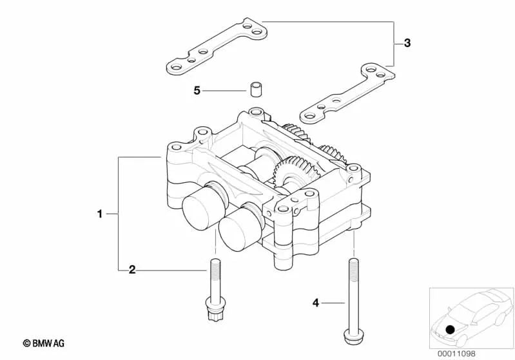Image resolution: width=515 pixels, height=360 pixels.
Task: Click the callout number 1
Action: point(100,214)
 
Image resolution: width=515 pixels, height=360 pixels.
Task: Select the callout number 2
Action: point(132,270)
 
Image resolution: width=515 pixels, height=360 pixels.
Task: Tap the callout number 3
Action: point(407,43)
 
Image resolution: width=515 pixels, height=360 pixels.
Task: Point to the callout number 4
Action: point(316,303)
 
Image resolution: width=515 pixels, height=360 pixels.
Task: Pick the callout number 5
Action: point(197,90)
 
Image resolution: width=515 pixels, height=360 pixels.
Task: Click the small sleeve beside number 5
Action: point(255,89)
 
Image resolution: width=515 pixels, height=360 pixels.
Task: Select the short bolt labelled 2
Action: point(215,290)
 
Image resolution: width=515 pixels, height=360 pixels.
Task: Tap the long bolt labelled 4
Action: point(353,301)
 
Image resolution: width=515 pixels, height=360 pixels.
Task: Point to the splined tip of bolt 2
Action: point(215,316)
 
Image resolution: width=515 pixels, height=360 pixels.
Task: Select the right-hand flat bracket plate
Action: point(347,94)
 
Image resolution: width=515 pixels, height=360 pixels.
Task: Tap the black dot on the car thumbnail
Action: point(450,329)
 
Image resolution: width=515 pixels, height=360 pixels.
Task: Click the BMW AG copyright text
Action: point(44,343)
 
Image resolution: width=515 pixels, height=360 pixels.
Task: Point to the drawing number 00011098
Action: point(456,354)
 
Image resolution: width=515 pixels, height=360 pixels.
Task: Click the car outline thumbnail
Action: point(472,318)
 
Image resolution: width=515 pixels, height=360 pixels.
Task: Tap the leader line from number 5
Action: point(224,91)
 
